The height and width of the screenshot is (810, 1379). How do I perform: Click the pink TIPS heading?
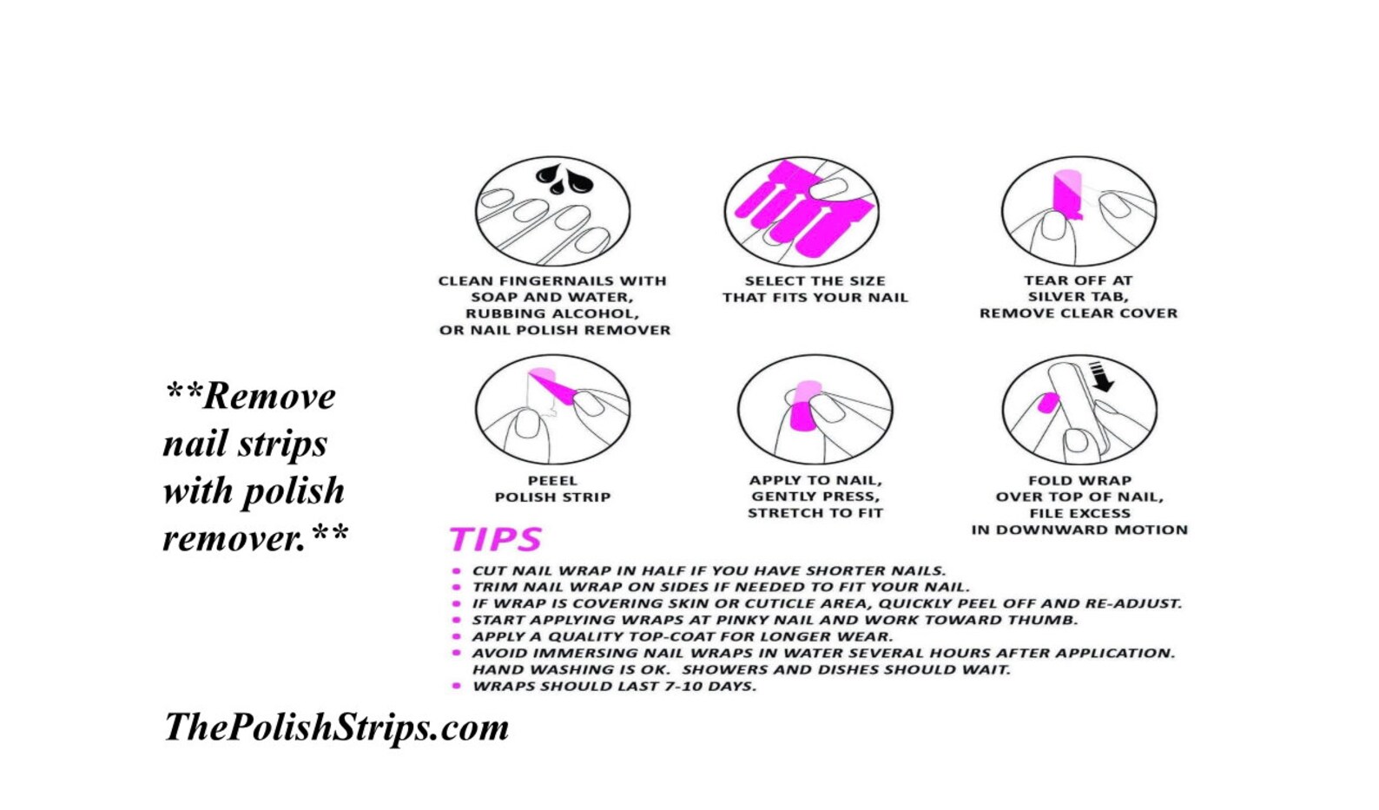coord(496,539)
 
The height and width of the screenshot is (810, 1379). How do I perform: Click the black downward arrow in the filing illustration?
coord(1100,377)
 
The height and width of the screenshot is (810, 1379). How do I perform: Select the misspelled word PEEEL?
coord(552,481)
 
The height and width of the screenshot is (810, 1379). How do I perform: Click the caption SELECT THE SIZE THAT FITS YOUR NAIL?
coord(815,289)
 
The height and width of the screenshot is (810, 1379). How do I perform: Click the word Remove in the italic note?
coord(269,397)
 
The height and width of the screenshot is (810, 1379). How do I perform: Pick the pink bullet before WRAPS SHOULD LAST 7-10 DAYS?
coord(456,686)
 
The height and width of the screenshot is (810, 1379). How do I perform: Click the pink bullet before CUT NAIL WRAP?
coord(456,570)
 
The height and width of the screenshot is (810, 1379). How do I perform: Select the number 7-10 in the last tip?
coord(682,686)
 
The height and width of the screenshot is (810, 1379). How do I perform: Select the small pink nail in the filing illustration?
coord(1048,403)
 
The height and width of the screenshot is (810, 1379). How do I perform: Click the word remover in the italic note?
coord(234,539)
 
